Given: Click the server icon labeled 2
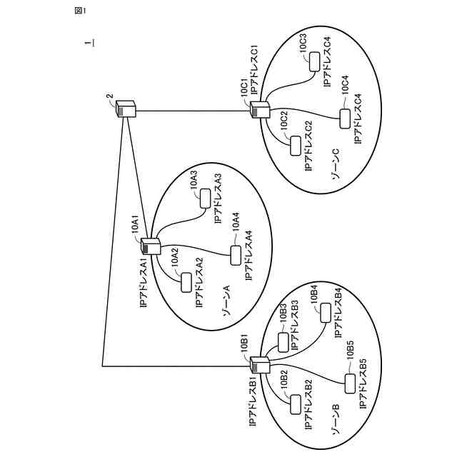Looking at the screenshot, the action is pyautogui.click(x=126, y=110).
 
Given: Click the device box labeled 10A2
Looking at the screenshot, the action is pyautogui.click(x=186, y=282).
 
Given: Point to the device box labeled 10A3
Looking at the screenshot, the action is pyautogui.click(x=206, y=198).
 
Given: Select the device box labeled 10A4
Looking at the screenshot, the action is pyautogui.click(x=235, y=254).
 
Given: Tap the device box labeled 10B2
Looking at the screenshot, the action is pyautogui.click(x=296, y=404).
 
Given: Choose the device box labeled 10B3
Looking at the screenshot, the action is pyautogui.click(x=283, y=342).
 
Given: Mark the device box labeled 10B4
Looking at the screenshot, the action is pyautogui.click(x=325, y=312).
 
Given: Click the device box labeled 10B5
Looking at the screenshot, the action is pyautogui.click(x=349, y=383).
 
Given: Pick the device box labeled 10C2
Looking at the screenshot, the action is pyautogui.click(x=296, y=146).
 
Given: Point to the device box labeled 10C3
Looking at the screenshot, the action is pyautogui.click(x=314, y=63).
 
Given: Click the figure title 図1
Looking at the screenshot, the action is pyautogui.click(x=79, y=11).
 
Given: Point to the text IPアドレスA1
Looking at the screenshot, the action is pyautogui.click(x=142, y=283).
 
